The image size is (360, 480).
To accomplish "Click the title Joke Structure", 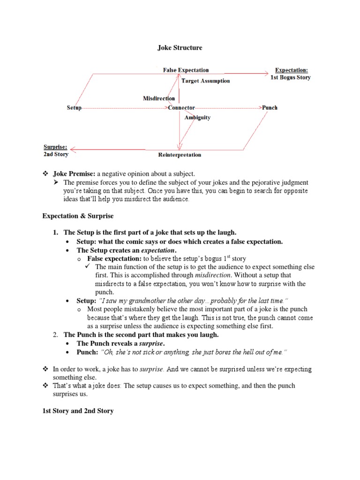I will pyautogui.click(x=180, y=47).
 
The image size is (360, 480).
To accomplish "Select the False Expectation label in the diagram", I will pyautogui.click(x=186, y=70).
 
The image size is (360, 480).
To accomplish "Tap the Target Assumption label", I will pyautogui.click(x=206, y=81).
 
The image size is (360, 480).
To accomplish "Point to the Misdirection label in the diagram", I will pyautogui.click(x=159, y=98).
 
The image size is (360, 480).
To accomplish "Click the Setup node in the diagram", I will pyautogui.click(x=74, y=108).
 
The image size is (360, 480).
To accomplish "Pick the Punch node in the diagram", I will pyautogui.click(x=270, y=108).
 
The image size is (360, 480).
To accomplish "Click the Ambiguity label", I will pyautogui.click(x=197, y=118).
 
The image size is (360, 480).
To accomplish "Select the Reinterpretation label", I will pyautogui.click(x=180, y=155).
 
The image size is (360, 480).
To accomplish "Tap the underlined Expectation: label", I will pyautogui.click(x=291, y=70).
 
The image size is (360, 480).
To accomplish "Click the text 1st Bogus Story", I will pyautogui.click(x=291, y=77).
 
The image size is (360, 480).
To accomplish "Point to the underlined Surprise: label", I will pyautogui.click(x=56, y=146).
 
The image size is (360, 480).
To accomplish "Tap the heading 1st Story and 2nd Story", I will pyautogui.click(x=78, y=411).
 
